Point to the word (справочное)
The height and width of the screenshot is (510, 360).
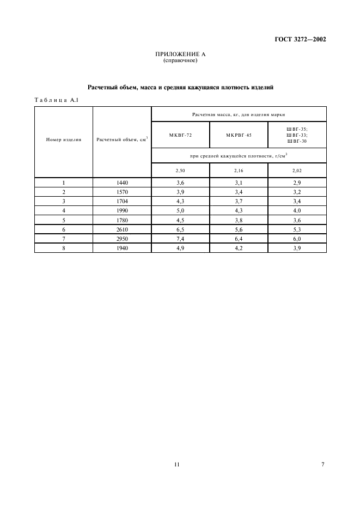[x=180, y=60]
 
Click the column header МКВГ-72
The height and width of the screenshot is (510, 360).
[x=180, y=135]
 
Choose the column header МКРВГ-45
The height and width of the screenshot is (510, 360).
[x=239, y=135]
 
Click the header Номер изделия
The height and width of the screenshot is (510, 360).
[x=64, y=139]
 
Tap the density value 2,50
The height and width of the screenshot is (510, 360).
[x=180, y=171]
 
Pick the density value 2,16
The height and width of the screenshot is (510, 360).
[x=239, y=171]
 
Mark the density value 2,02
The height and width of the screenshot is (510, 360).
[x=297, y=171]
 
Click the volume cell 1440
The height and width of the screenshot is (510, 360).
[x=122, y=183]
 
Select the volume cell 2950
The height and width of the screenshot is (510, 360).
[x=122, y=238]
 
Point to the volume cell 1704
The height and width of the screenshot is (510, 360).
[x=122, y=201]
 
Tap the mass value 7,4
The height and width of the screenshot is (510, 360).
[x=180, y=238]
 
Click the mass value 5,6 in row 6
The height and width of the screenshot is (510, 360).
[x=239, y=229]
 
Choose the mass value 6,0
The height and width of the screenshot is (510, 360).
[x=297, y=238]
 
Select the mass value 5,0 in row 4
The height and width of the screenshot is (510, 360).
[x=180, y=210]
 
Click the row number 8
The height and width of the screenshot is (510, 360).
[x=64, y=247]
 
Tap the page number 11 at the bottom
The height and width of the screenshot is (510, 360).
[x=176, y=464]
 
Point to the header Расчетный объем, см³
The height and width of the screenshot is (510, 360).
[x=122, y=139]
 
